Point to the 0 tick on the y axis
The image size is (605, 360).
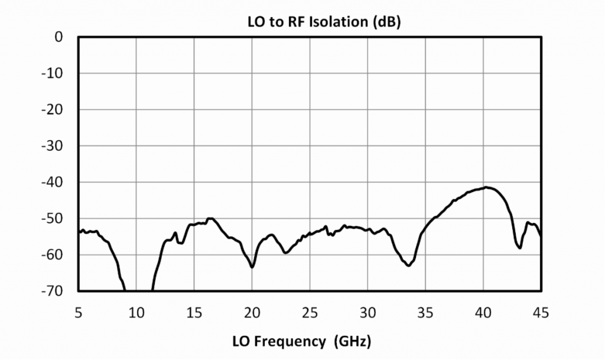point(58,37)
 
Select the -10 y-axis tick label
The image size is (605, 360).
point(54,73)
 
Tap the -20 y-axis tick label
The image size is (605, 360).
point(54,110)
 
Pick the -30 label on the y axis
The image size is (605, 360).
point(54,146)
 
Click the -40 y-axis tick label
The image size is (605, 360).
point(54,182)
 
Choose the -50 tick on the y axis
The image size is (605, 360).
point(54,219)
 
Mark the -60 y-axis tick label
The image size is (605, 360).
point(54,255)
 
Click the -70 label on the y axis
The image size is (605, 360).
point(54,291)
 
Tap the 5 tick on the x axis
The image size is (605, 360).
point(79,312)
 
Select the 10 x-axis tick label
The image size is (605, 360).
point(136,312)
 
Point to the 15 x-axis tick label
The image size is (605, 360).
point(194,312)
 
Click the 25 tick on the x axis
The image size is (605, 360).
point(310,312)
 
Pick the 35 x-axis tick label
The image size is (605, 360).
point(425,312)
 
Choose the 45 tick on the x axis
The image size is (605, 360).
point(541,312)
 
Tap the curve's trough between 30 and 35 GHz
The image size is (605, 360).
point(408,265)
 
